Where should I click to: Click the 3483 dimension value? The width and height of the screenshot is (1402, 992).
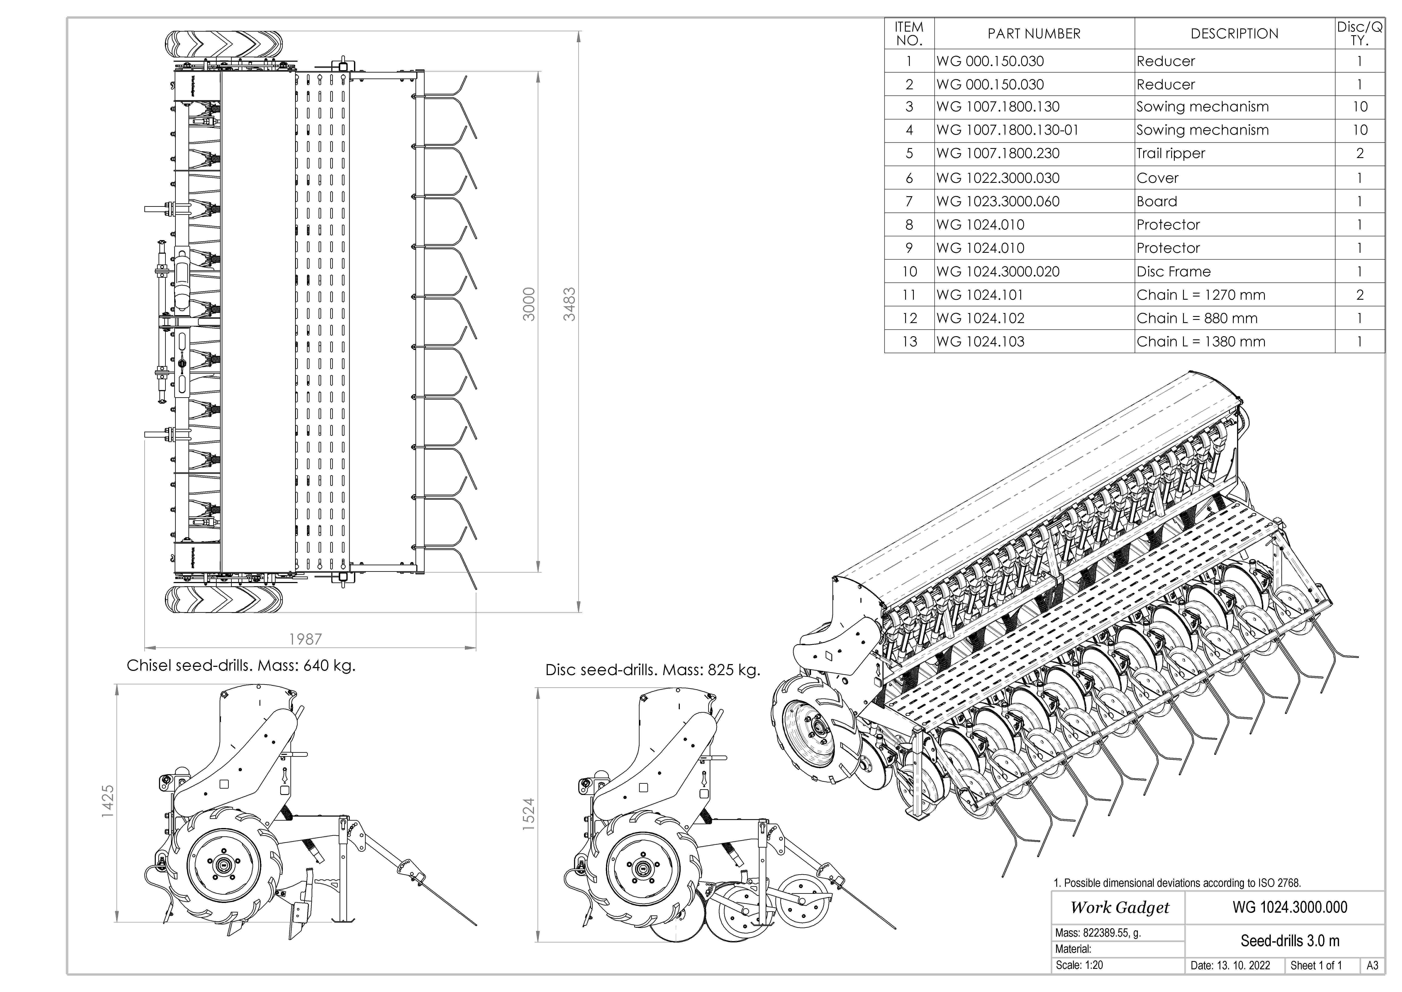pyautogui.click(x=569, y=304)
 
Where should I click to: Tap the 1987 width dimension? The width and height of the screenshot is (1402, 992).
pyautogui.click(x=305, y=639)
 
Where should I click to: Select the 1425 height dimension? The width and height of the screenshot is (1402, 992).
pyautogui.click(x=107, y=801)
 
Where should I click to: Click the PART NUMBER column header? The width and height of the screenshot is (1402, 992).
pyautogui.click(x=1034, y=34)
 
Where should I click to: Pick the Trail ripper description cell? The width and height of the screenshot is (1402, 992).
pyautogui.click(x=1171, y=153)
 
